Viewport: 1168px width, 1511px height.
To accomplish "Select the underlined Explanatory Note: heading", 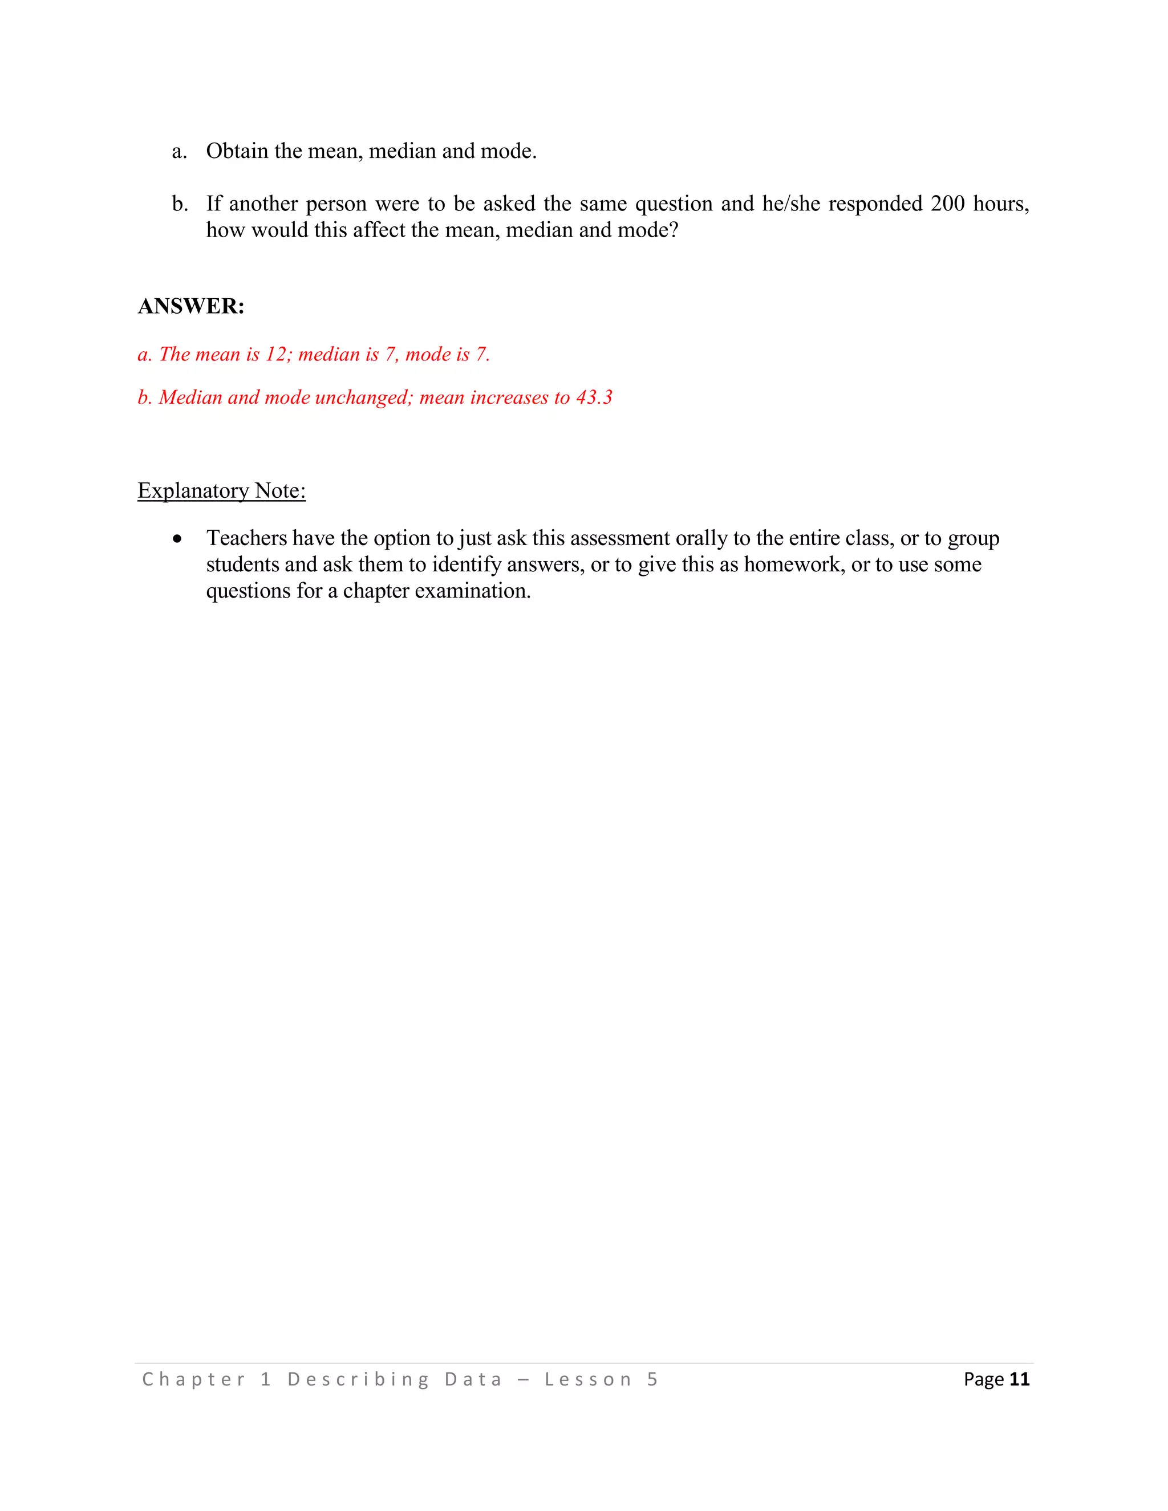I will (221, 490).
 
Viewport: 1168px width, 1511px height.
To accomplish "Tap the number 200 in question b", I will (947, 204).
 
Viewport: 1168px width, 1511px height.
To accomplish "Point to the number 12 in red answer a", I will (276, 354).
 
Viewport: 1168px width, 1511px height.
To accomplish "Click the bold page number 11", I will (1019, 1379).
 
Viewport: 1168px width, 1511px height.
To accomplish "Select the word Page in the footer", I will (983, 1379).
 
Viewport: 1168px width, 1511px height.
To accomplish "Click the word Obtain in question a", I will (237, 151).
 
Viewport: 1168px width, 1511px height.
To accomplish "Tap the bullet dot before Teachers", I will (178, 539).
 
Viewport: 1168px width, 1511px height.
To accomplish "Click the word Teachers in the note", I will (246, 538).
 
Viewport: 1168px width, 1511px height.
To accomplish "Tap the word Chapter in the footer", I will (194, 1379).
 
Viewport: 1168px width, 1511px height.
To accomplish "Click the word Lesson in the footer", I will (587, 1379).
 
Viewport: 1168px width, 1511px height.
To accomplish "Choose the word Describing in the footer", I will (358, 1379).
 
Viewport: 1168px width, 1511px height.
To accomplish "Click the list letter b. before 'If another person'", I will (180, 204).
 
